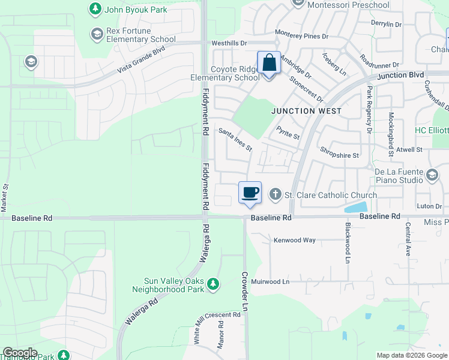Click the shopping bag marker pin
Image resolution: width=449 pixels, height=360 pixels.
[x=268, y=64]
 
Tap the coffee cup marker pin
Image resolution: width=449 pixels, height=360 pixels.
[x=250, y=193]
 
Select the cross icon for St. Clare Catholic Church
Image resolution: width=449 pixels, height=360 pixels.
[x=276, y=194]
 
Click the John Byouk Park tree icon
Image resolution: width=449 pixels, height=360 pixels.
[x=95, y=9]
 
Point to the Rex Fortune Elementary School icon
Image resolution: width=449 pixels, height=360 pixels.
[x=97, y=34]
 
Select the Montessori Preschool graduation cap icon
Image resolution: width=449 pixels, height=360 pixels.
[x=298, y=4]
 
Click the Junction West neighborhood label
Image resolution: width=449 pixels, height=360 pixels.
[x=306, y=111]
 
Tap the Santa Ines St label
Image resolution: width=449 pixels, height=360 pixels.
[x=235, y=140]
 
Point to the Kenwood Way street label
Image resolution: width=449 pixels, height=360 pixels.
[x=294, y=240]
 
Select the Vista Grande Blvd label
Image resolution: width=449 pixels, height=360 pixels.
[x=141, y=60]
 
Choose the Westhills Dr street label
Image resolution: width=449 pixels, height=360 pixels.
[x=229, y=43]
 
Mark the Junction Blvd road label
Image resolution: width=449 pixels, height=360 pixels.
[x=401, y=76]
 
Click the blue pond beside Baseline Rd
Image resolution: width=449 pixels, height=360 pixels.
[x=357, y=208]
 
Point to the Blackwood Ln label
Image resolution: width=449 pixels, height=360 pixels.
[x=348, y=244]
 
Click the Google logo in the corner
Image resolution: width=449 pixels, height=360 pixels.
[x=20, y=353]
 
